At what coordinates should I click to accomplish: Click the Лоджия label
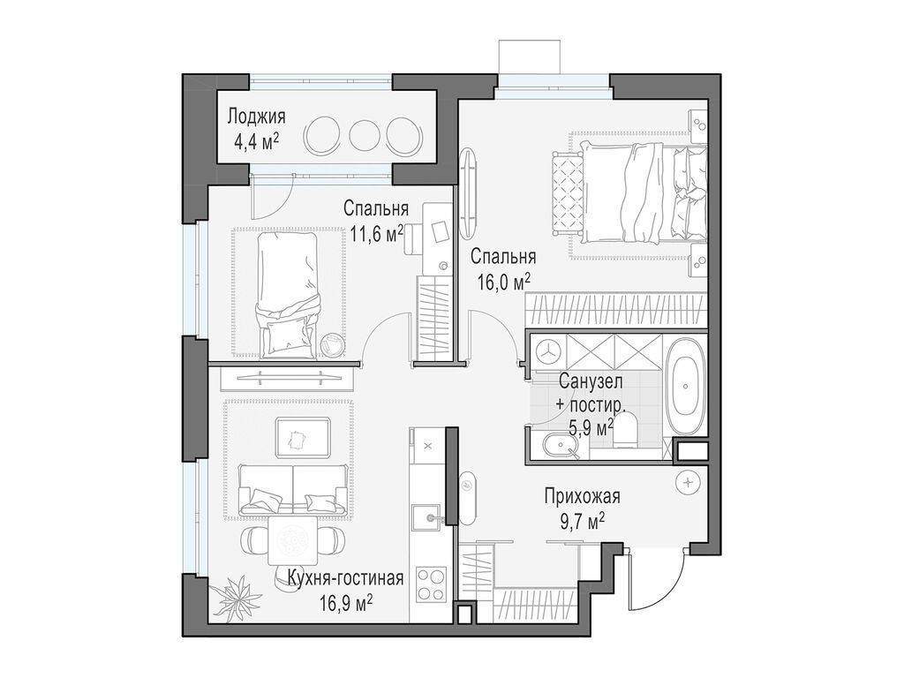(256, 117)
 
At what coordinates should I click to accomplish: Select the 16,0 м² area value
(504, 282)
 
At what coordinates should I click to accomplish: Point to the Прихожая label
(583, 496)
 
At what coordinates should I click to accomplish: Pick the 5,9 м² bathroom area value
(591, 428)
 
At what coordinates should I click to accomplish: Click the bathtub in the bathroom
(685, 386)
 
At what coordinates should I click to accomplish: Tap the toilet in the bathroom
(624, 430)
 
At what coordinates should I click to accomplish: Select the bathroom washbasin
(558, 446)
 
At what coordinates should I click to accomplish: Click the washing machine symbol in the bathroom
(548, 350)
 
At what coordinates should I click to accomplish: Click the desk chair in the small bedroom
(411, 239)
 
